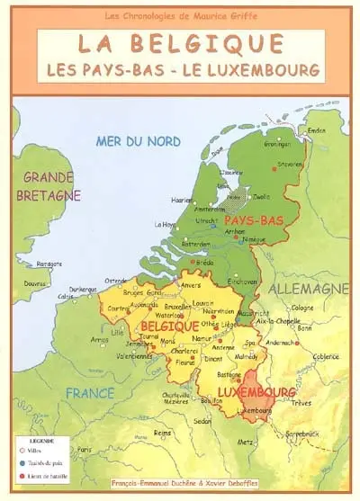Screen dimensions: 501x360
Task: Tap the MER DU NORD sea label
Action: tap(139, 140)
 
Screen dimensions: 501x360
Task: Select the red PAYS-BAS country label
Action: tap(254, 220)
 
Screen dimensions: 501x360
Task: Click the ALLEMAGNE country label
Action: tap(308, 288)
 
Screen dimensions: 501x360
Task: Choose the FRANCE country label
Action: tap(89, 393)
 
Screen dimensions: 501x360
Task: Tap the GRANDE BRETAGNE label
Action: tap(50, 186)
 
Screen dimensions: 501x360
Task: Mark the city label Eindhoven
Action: tap(242, 281)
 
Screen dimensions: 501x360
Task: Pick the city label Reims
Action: tap(162, 432)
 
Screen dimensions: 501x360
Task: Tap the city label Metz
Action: tap(245, 442)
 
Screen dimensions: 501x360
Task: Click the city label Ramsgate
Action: tap(49, 264)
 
